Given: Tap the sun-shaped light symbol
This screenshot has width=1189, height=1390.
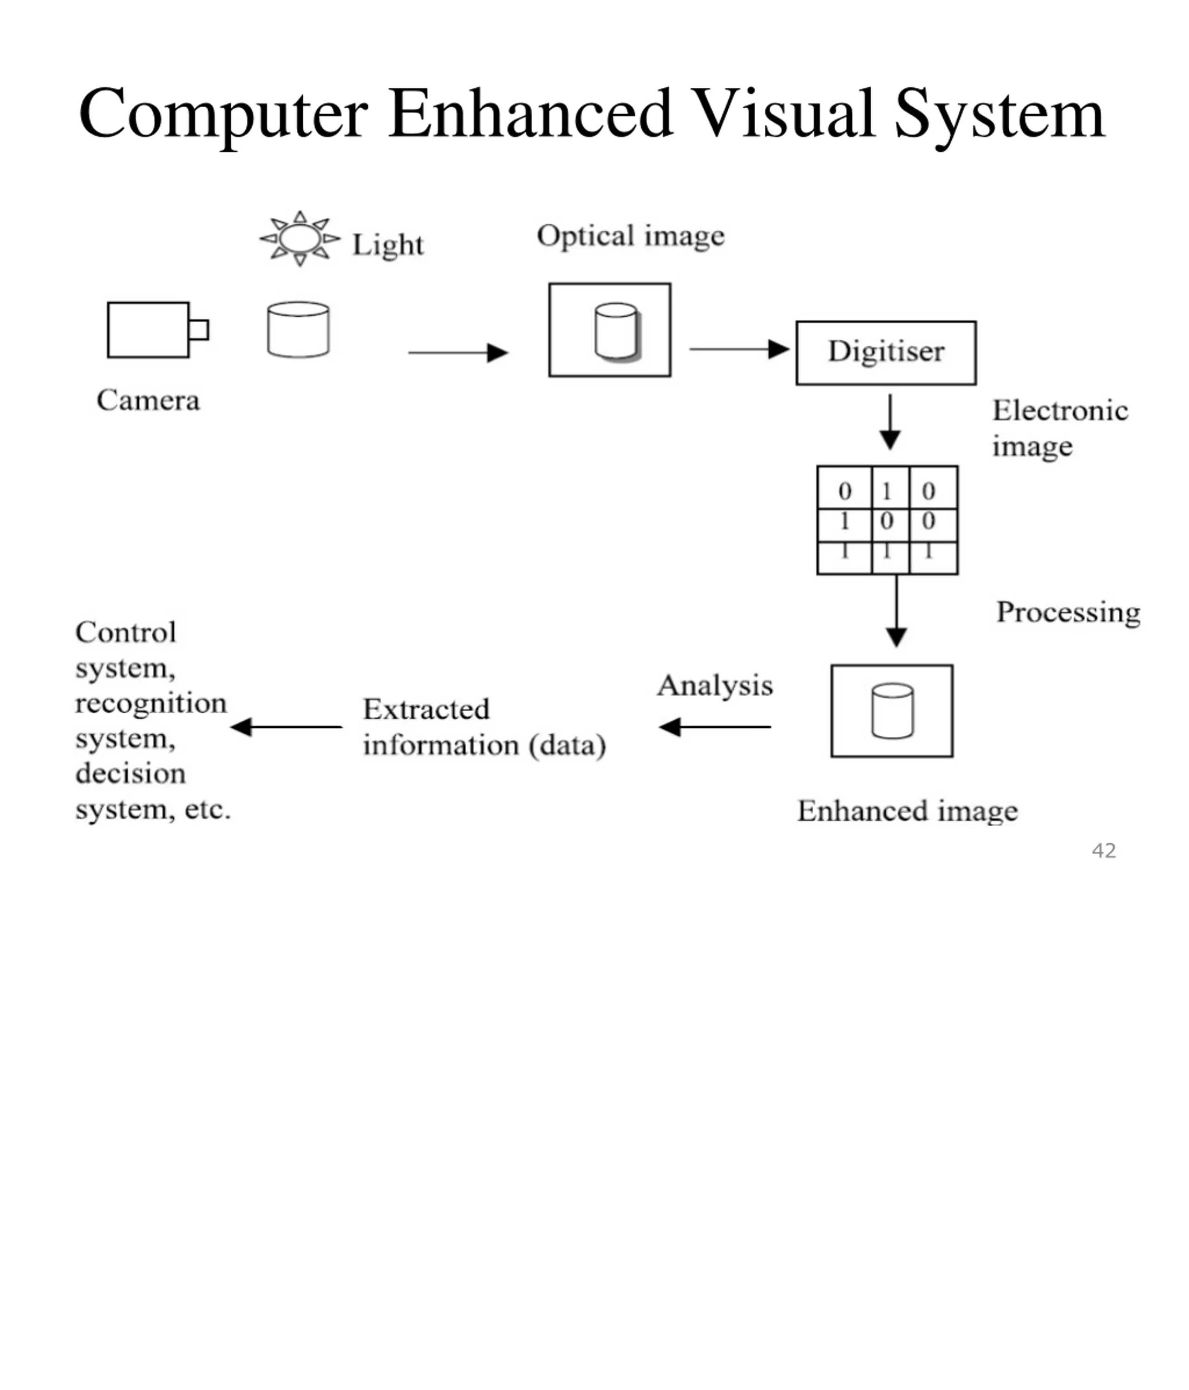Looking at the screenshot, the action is coord(300,238).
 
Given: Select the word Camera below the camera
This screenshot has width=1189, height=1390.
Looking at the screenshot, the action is coord(148,400).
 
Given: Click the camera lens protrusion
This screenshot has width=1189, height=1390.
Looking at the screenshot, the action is coord(199,330).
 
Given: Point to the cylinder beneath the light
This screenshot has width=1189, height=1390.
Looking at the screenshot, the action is coord(298,329).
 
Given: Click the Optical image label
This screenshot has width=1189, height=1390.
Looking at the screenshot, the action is coord(631,236).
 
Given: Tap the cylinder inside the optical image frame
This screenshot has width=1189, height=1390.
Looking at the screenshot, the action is coord(617,332).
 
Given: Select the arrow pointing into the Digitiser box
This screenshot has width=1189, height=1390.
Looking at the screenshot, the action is coord(739,349).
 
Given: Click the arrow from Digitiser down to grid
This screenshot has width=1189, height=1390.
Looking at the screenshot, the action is coord(890,422).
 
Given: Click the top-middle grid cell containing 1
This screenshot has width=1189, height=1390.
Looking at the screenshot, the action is coord(890,488).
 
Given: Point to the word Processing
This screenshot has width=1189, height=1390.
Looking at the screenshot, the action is coord(1068,613).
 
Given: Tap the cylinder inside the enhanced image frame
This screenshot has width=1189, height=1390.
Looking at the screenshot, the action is coord(892,711).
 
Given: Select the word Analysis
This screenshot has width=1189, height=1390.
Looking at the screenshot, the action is coord(715,685).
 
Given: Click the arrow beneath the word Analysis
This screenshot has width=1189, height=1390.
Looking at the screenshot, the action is coord(715,726).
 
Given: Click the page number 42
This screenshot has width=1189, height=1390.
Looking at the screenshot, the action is coord(1104,851).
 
